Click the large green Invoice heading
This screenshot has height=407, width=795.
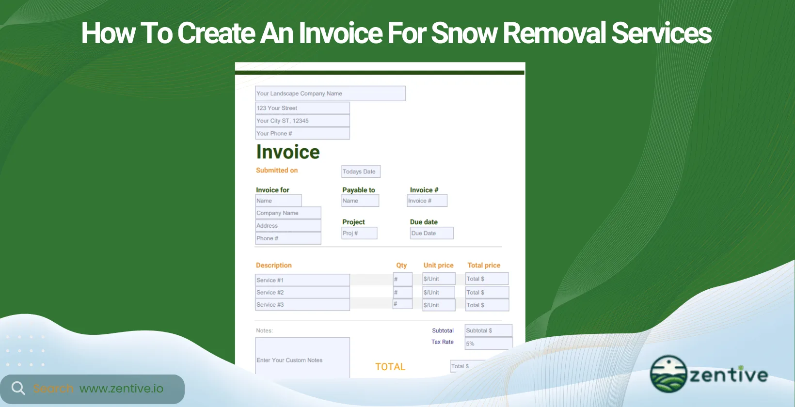coord(288,152)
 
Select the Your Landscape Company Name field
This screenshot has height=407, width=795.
coord(330,94)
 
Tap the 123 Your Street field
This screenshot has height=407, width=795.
coord(302,108)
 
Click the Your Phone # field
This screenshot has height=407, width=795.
coord(302,133)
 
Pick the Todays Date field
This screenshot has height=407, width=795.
coord(361,172)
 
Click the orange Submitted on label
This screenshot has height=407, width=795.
coord(277,171)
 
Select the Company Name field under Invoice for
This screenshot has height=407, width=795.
coord(288,213)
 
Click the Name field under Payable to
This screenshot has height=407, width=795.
coord(360,201)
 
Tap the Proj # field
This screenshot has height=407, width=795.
coord(359,233)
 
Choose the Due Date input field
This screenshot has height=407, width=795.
coord(431,233)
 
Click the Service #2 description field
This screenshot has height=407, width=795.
coord(302,293)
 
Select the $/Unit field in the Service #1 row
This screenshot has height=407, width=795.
coord(439,279)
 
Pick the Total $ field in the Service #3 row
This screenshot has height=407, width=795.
coord(487,305)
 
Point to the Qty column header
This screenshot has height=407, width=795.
coord(401,266)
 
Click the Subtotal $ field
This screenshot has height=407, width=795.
coord(488,330)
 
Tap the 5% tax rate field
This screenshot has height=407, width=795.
coord(488,344)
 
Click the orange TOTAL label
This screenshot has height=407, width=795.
coord(390,367)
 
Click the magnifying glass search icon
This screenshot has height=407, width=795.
coord(18,388)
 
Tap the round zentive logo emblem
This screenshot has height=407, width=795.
coord(668,374)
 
